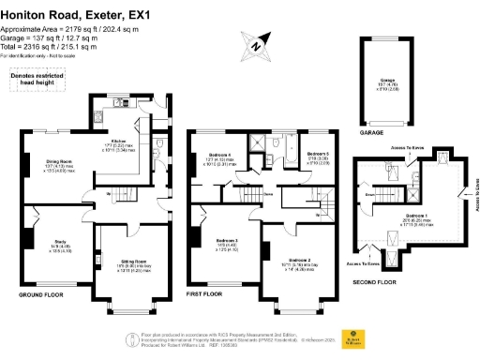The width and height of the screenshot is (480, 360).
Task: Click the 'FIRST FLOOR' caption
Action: point(204,294)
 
